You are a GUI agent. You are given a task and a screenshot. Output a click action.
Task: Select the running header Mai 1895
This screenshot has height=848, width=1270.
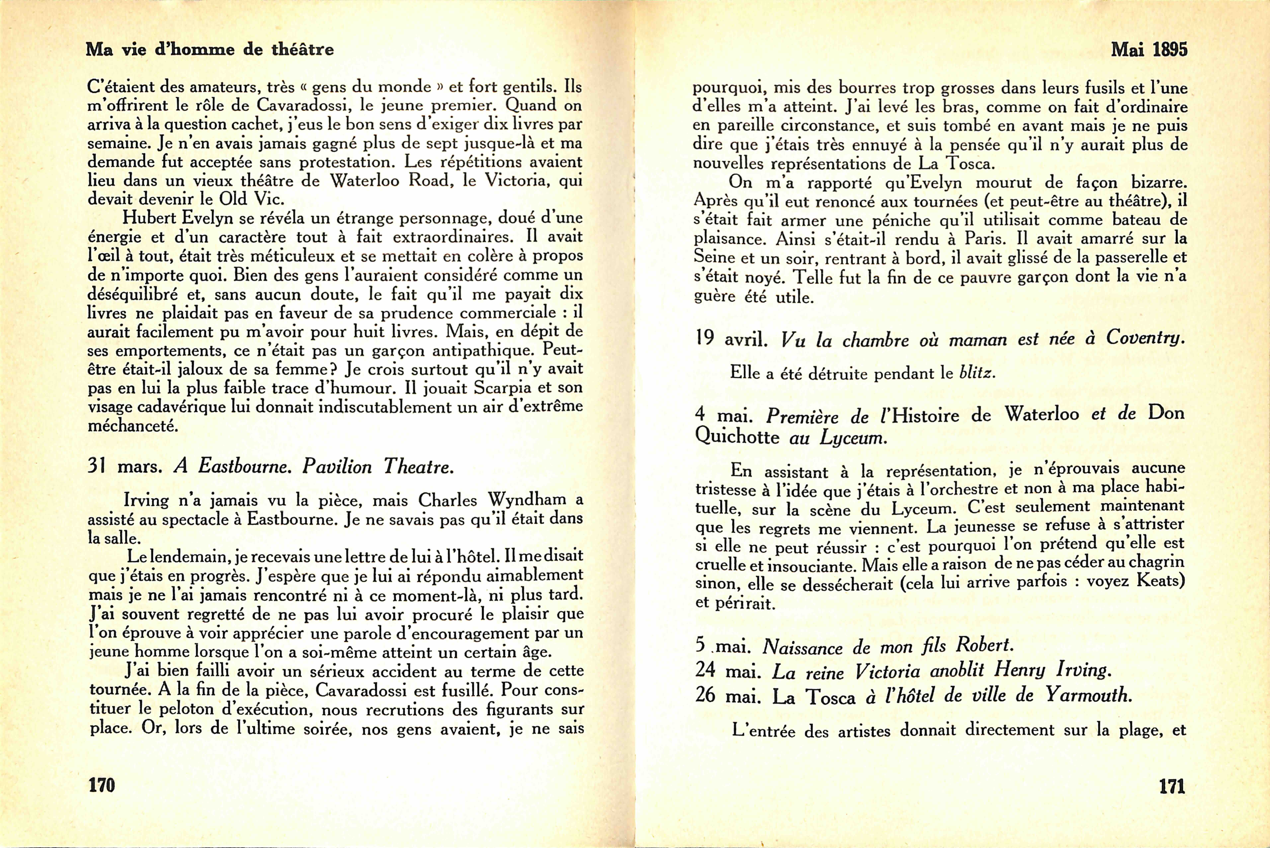pos(1149,50)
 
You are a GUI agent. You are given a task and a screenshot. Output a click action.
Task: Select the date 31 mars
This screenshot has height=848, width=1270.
pos(124,466)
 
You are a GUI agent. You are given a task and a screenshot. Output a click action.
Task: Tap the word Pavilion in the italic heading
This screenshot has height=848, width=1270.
pos(337,466)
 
